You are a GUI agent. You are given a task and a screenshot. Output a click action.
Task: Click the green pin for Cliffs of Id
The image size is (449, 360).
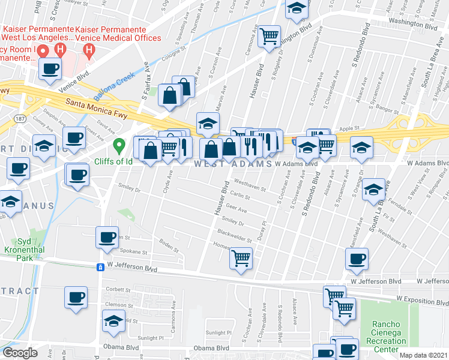pos(119,145)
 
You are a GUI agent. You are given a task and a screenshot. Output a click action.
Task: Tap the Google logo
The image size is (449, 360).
pos(20,353)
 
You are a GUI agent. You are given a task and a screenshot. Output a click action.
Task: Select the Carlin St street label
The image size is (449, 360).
pos(240,196)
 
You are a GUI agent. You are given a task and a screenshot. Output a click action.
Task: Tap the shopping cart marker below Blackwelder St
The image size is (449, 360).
pos(241,259)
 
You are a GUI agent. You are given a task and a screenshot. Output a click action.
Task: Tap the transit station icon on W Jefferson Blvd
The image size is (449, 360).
pos(100,268)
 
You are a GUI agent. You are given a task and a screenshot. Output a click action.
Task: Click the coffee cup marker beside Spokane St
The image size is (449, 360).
pos(107,237)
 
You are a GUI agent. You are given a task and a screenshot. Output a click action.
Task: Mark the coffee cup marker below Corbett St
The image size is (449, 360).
pos(76,298)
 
